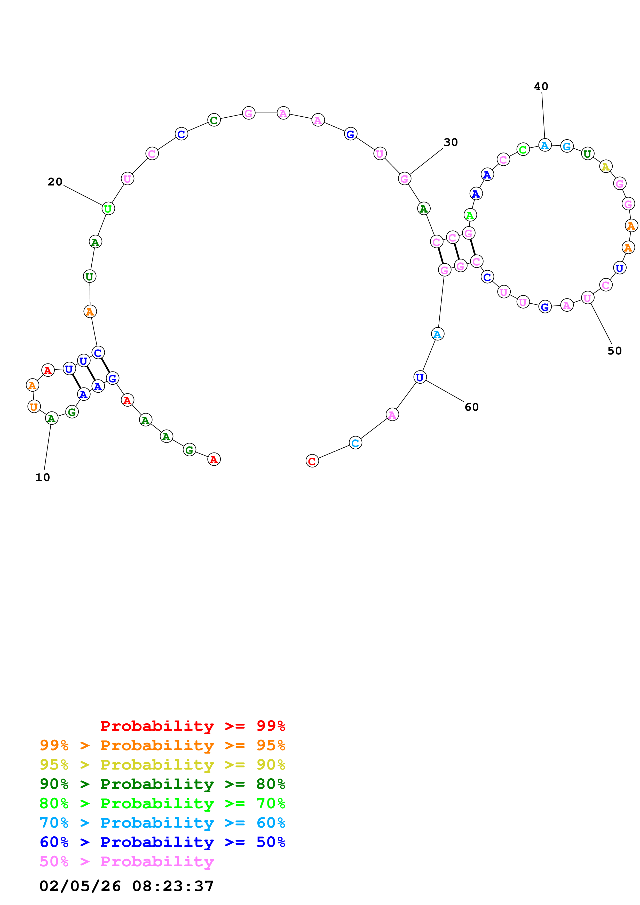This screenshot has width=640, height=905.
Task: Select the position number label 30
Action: click(x=451, y=142)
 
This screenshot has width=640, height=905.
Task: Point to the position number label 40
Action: click(x=541, y=86)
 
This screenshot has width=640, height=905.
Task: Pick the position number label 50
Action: click(x=614, y=351)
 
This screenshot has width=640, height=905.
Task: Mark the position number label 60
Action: click(x=472, y=407)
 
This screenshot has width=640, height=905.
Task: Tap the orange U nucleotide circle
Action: click(x=34, y=406)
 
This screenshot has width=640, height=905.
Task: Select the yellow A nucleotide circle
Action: click(x=606, y=166)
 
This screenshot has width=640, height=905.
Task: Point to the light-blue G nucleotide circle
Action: click(x=567, y=146)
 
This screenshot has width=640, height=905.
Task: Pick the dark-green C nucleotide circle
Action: click(x=214, y=120)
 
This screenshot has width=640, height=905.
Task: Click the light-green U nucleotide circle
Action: click(x=108, y=208)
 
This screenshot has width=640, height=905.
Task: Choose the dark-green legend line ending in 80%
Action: click(x=162, y=784)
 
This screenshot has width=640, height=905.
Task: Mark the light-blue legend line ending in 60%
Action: click(x=162, y=823)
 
